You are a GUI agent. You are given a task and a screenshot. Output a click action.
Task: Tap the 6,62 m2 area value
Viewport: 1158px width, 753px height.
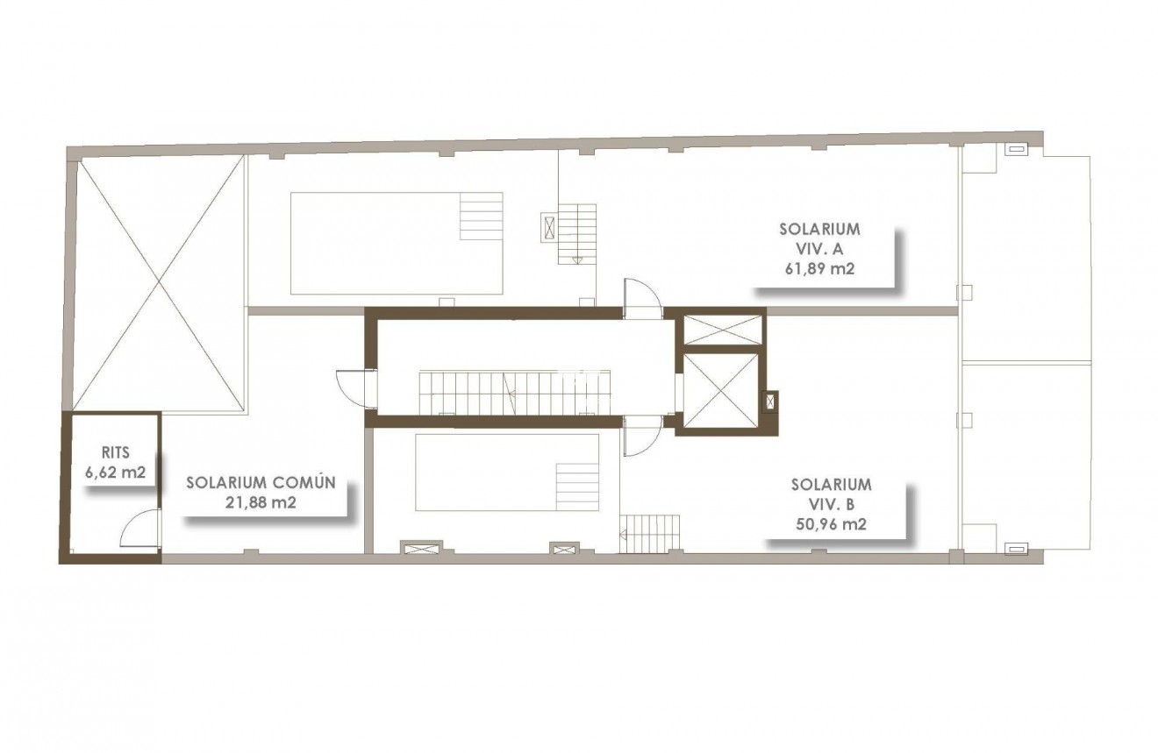(x=115, y=472)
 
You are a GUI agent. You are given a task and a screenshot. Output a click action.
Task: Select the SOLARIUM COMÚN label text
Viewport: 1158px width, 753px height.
(x=261, y=482)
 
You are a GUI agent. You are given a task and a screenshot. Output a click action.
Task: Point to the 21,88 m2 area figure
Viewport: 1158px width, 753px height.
(x=261, y=502)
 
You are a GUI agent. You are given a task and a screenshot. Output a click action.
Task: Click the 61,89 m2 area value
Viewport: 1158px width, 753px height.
(x=819, y=270)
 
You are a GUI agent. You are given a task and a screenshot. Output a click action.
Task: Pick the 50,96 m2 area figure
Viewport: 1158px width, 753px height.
(x=830, y=525)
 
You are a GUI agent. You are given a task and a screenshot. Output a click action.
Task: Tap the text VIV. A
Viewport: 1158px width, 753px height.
(x=819, y=250)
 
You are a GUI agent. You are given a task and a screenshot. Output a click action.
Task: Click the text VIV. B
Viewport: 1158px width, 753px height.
(x=830, y=504)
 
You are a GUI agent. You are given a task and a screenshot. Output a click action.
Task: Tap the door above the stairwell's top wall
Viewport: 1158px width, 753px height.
(x=641, y=297)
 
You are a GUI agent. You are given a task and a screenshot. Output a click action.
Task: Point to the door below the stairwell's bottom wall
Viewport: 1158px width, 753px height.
(x=640, y=436)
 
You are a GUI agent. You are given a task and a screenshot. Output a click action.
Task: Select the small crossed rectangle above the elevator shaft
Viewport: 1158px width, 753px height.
(x=722, y=330)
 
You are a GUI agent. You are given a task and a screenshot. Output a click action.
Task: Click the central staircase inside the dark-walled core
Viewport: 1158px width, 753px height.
(x=513, y=391)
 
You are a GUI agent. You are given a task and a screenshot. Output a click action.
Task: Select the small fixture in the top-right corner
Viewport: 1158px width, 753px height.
(x=1016, y=149)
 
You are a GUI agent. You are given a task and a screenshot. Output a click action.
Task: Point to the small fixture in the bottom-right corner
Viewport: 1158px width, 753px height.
(x=1016, y=549)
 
